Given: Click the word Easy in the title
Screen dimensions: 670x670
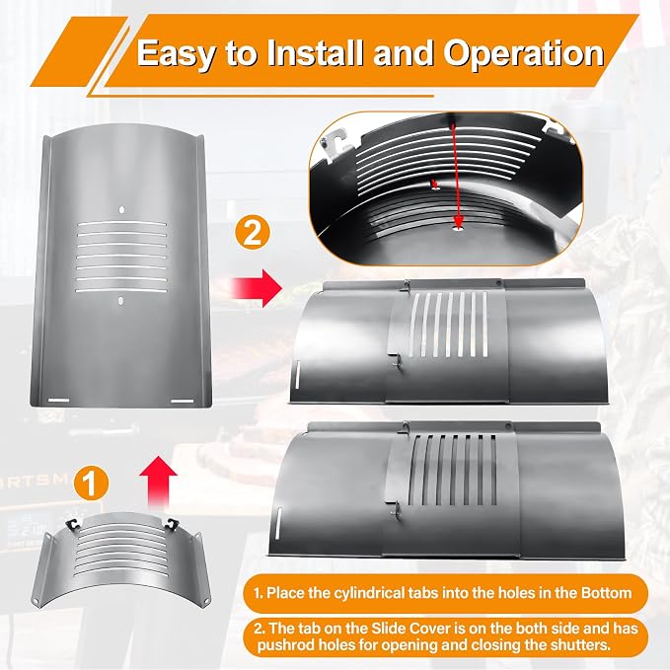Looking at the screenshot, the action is click(x=176, y=54).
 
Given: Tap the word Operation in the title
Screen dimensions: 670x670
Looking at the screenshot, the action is click(x=523, y=53).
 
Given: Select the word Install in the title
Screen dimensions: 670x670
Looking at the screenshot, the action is click(x=317, y=52).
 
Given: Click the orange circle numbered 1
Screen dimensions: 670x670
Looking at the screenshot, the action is click(x=90, y=484).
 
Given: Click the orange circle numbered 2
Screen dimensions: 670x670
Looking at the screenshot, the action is click(x=253, y=233).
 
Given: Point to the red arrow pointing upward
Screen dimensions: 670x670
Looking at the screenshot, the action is click(x=159, y=482).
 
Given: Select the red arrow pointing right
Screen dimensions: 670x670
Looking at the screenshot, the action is click(x=257, y=288).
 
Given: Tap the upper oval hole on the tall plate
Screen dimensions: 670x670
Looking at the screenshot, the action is click(x=121, y=210).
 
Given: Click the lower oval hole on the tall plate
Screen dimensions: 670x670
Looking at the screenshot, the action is click(x=121, y=301).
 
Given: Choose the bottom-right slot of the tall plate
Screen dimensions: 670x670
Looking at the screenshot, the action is click(x=183, y=401).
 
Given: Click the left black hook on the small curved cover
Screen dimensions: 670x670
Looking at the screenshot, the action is click(x=73, y=524).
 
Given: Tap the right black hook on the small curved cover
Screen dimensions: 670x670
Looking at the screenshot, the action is click(x=173, y=523).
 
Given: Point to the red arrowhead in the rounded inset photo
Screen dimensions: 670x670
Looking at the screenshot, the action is click(x=459, y=221).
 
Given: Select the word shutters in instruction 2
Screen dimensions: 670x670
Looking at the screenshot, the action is click(x=580, y=644).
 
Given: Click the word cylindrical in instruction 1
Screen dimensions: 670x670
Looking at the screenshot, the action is click(x=348, y=593).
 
